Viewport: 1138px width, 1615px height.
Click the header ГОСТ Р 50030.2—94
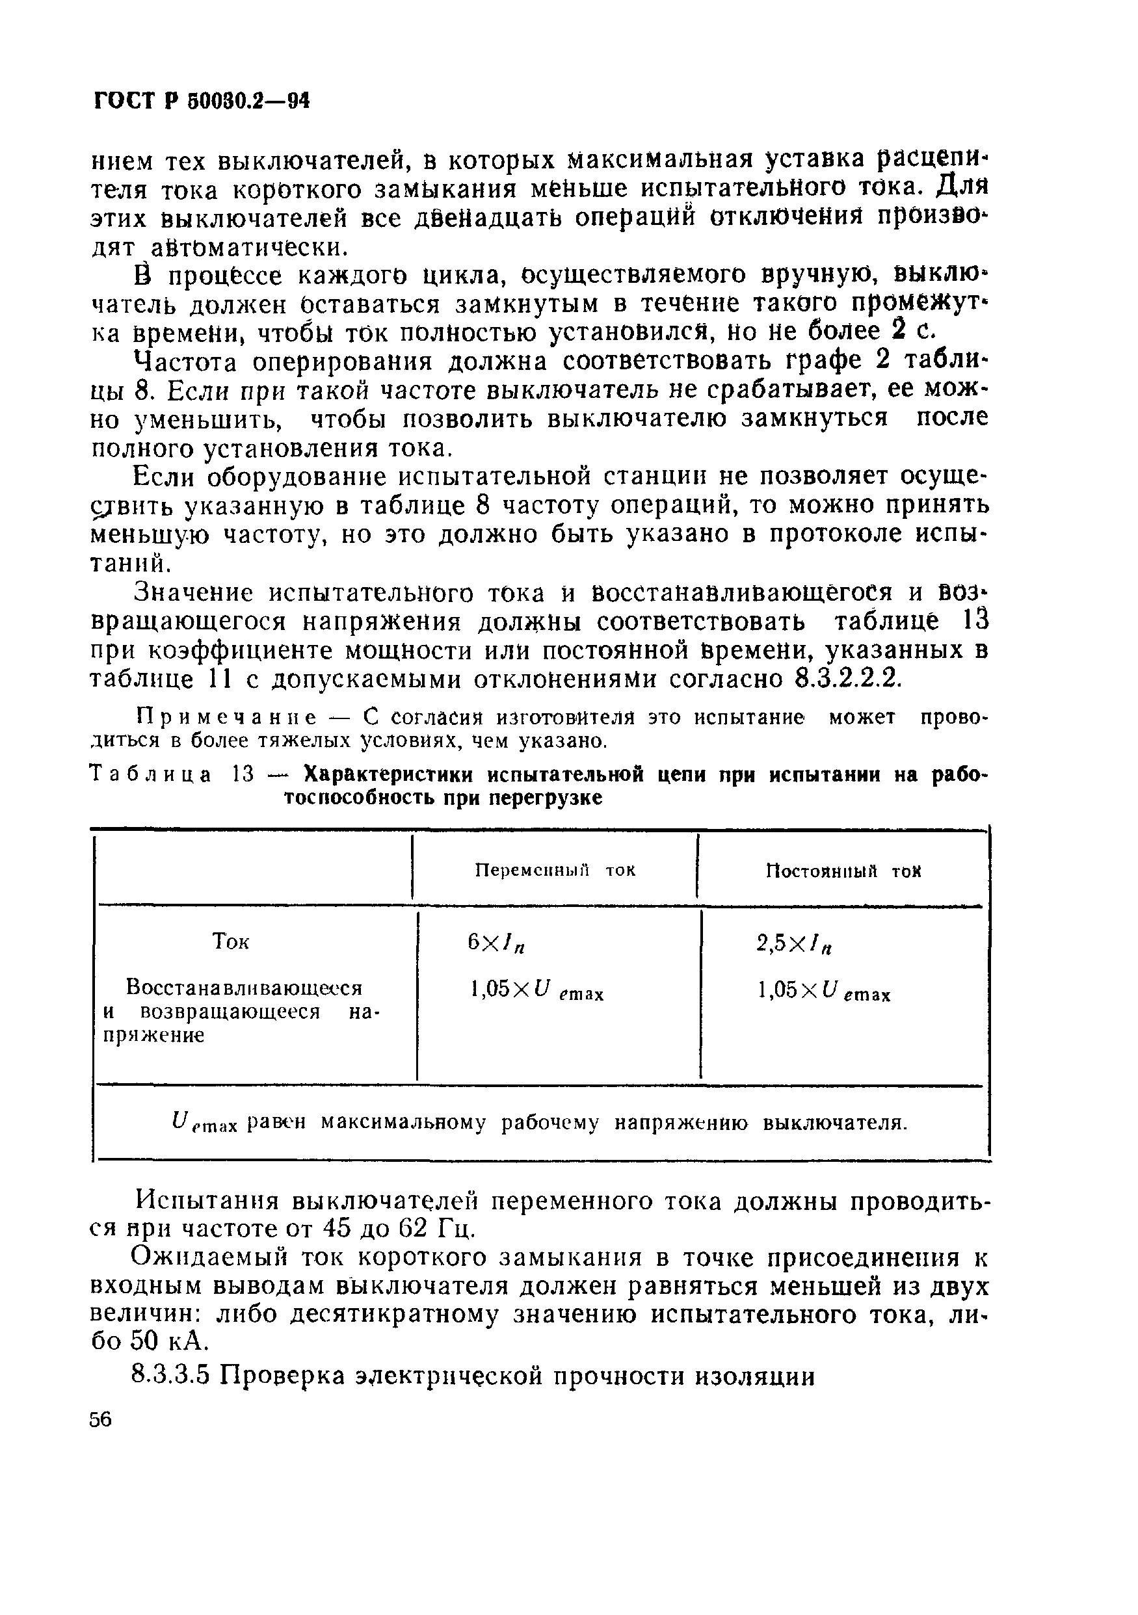[201, 102]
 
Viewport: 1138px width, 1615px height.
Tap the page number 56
[101, 1419]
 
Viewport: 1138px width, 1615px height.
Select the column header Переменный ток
[555, 870]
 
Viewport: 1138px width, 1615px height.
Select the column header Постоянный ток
[843, 871]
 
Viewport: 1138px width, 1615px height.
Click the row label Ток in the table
[231, 942]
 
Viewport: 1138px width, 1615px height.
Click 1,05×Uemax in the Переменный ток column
[536, 993]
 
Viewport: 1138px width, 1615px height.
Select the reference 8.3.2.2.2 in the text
[847, 680]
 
